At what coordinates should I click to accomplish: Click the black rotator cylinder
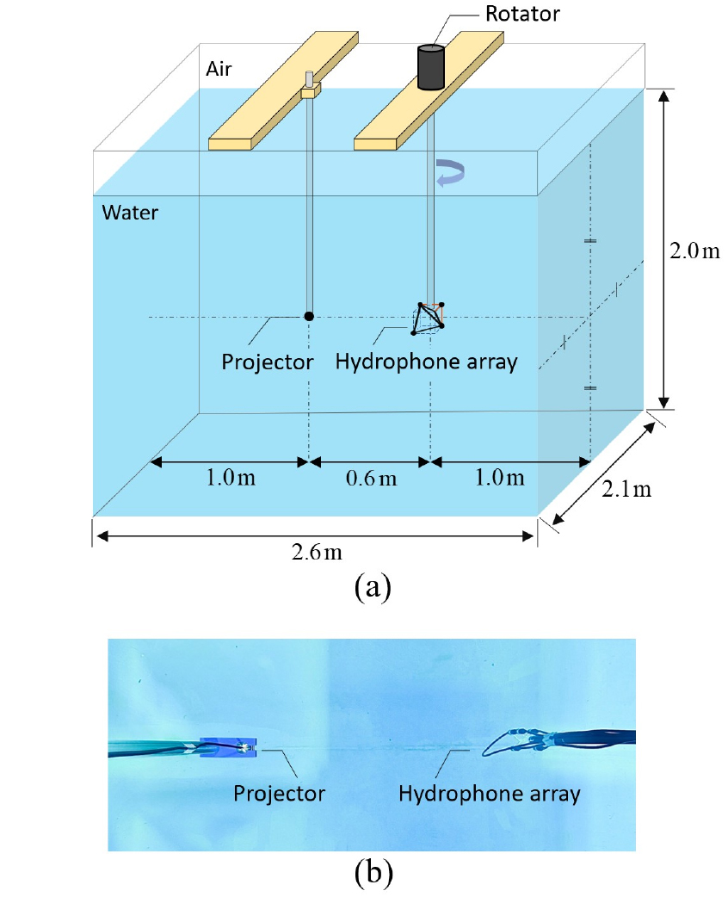[430, 67]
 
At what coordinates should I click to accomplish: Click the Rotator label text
[522, 14]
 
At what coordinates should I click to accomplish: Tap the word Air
[219, 69]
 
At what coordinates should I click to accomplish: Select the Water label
[130, 213]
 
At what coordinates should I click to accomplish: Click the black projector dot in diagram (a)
[309, 316]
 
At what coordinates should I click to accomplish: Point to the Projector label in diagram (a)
[267, 362]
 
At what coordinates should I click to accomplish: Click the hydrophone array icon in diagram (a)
[429, 318]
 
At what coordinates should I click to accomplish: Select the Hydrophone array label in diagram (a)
[426, 362]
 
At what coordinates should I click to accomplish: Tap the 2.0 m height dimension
[694, 251]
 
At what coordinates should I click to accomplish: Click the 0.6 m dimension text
[371, 478]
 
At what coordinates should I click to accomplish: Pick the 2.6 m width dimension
[317, 552]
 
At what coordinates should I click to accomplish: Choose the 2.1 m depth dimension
[626, 489]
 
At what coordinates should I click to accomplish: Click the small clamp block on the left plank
[312, 90]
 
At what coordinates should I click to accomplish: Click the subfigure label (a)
[373, 587]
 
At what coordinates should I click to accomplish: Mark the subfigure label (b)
[373, 874]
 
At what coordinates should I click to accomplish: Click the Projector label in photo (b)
[279, 794]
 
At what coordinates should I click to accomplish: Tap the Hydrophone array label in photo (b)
[490, 794]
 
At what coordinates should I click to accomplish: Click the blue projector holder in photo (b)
[227, 747]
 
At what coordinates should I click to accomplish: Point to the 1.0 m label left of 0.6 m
[231, 477]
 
